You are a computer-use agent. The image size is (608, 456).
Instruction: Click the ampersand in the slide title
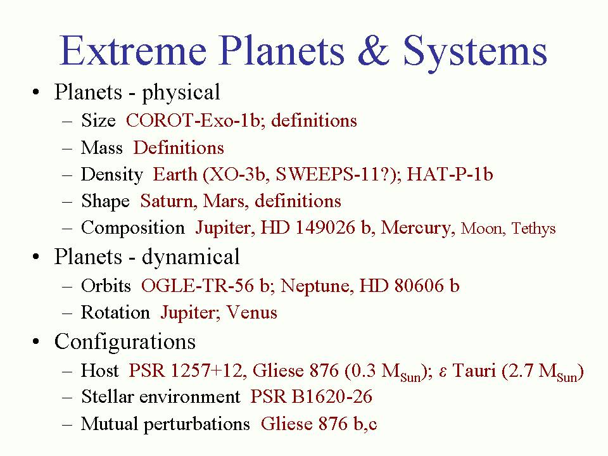click(x=374, y=51)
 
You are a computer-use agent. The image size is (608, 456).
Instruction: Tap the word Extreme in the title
click(x=133, y=51)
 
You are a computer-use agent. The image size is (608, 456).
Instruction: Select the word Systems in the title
click(x=476, y=53)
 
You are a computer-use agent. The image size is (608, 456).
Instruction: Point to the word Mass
click(x=102, y=148)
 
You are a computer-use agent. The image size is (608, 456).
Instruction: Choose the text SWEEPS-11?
click(x=336, y=174)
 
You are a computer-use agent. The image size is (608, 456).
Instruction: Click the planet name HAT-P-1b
click(x=450, y=174)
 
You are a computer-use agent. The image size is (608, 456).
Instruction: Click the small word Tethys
click(x=533, y=229)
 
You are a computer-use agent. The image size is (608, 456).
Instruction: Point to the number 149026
click(x=324, y=227)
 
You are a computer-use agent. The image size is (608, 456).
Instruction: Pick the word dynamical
click(x=191, y=256)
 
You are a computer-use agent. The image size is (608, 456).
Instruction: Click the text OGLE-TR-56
click(x=198, y=286)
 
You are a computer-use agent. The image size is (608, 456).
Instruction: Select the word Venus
click(x=252, y=312)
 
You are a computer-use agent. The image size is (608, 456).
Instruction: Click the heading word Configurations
click(x=125, y=342)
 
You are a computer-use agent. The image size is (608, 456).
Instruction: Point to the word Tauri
click(x=474, y=370)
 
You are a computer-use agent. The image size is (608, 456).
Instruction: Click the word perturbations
click(x=197, y=424)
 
